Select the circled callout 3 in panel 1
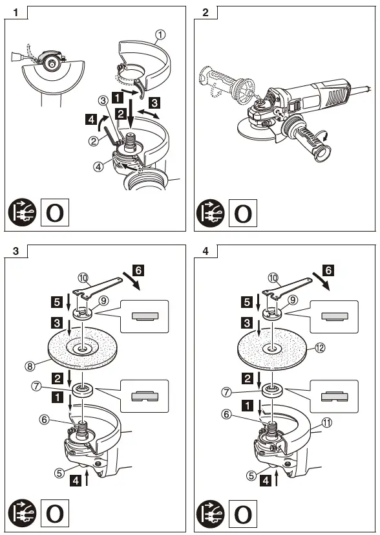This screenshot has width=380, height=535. click(103, 100)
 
